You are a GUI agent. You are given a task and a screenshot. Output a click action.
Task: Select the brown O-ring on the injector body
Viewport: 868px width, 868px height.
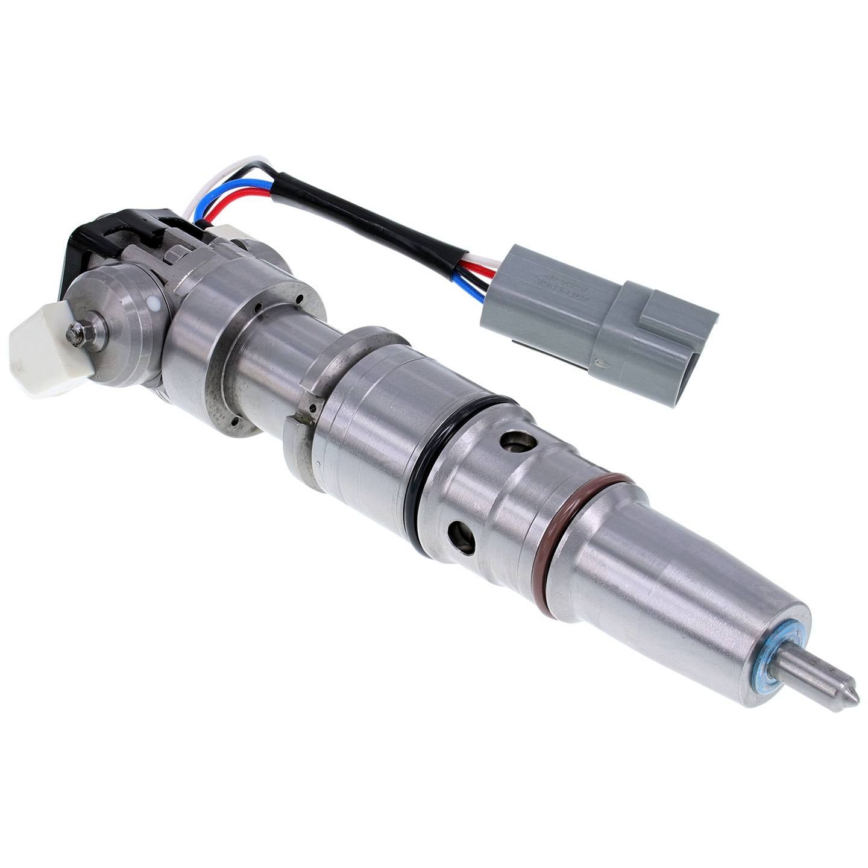573,530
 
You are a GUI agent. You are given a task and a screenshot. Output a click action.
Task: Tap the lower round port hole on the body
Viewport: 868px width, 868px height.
462,536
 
